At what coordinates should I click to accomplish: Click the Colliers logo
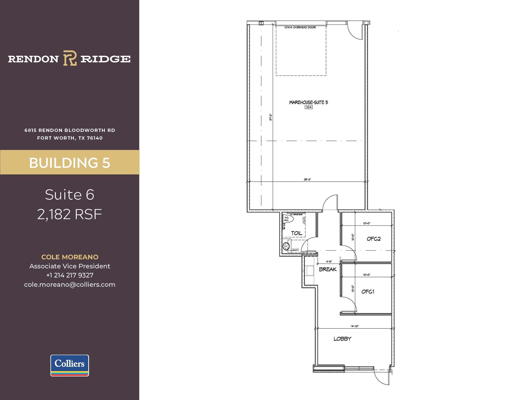click(70, 365)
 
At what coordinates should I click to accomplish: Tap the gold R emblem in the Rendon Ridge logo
click(70, 58)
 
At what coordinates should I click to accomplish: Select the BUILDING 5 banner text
click(70, 163)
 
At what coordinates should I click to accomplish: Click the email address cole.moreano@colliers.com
click(70, 285)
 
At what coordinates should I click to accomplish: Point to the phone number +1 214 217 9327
click(70, 275)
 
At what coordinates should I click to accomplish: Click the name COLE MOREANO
click(70, 257)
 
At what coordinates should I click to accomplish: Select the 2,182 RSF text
click(70, 214)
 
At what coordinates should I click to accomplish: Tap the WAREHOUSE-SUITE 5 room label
click(308, 102)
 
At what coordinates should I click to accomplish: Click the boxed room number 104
click(309, 107)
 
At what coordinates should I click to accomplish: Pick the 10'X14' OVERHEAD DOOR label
click(300, 27)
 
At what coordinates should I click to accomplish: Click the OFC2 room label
click(374, 239)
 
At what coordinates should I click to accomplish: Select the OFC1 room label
click(368, 292)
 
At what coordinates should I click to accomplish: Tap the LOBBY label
click(342, 339)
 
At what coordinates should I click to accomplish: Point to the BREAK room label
click(328, 269)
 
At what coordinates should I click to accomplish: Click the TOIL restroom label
click(296, 233)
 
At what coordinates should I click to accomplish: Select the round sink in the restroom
click(286, 246)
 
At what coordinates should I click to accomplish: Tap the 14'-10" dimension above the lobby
click(355, 326)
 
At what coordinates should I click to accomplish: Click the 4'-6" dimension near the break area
click(329, 262)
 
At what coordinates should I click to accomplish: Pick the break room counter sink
click(310, 270)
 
